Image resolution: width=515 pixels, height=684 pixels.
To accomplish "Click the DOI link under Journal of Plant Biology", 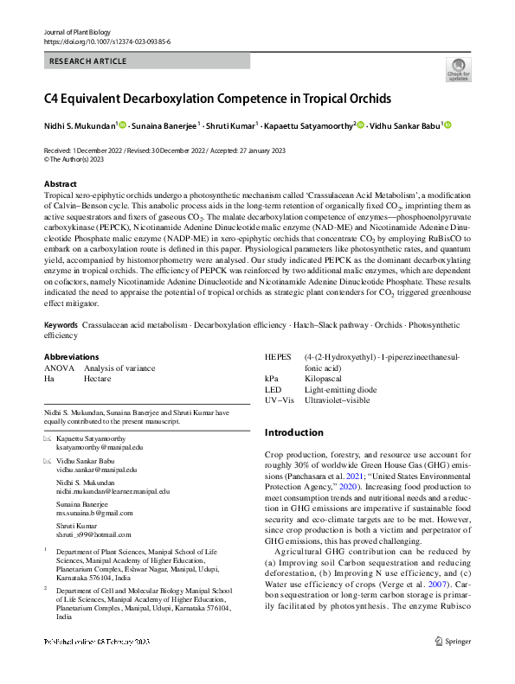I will click(x=106, y=42).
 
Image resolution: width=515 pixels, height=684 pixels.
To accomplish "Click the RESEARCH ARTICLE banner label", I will click(x=88, y=61).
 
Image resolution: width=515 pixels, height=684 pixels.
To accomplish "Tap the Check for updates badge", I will click(x=458, y=69).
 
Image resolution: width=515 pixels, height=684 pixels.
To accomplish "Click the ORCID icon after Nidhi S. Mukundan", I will click(x=123, y=125).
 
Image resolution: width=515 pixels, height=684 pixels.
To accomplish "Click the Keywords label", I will click(x=61, y=325).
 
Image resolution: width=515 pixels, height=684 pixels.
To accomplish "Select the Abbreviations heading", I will click(x=71, y=356).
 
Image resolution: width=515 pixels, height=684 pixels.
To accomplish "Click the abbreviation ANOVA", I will click(x=58, y=368).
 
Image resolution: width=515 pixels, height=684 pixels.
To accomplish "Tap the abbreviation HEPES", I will click(x=278, y=356).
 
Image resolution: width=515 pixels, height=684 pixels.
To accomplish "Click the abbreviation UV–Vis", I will click(x=280, y=400).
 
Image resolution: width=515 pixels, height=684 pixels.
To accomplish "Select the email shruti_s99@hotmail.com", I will click(x=93, y=534).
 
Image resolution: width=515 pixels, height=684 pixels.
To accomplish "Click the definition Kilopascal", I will click(x=325, y=378).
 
